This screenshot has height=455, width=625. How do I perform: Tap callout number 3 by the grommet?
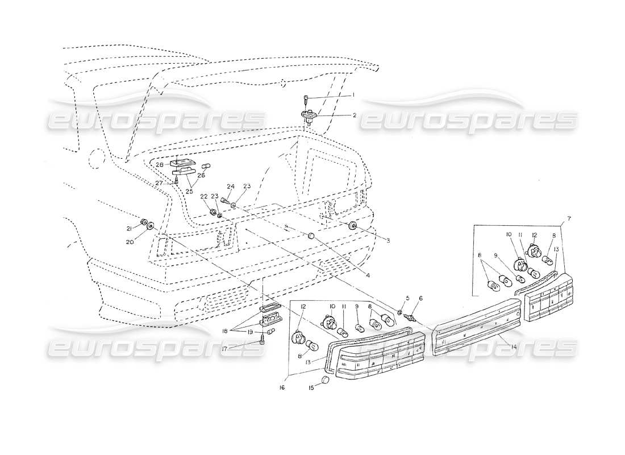tap(388, 241)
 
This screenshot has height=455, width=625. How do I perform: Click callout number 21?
tap(129, 229)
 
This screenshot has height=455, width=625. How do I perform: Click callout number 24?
tap(231, 187)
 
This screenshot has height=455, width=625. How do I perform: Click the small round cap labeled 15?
tap(326, 380)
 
